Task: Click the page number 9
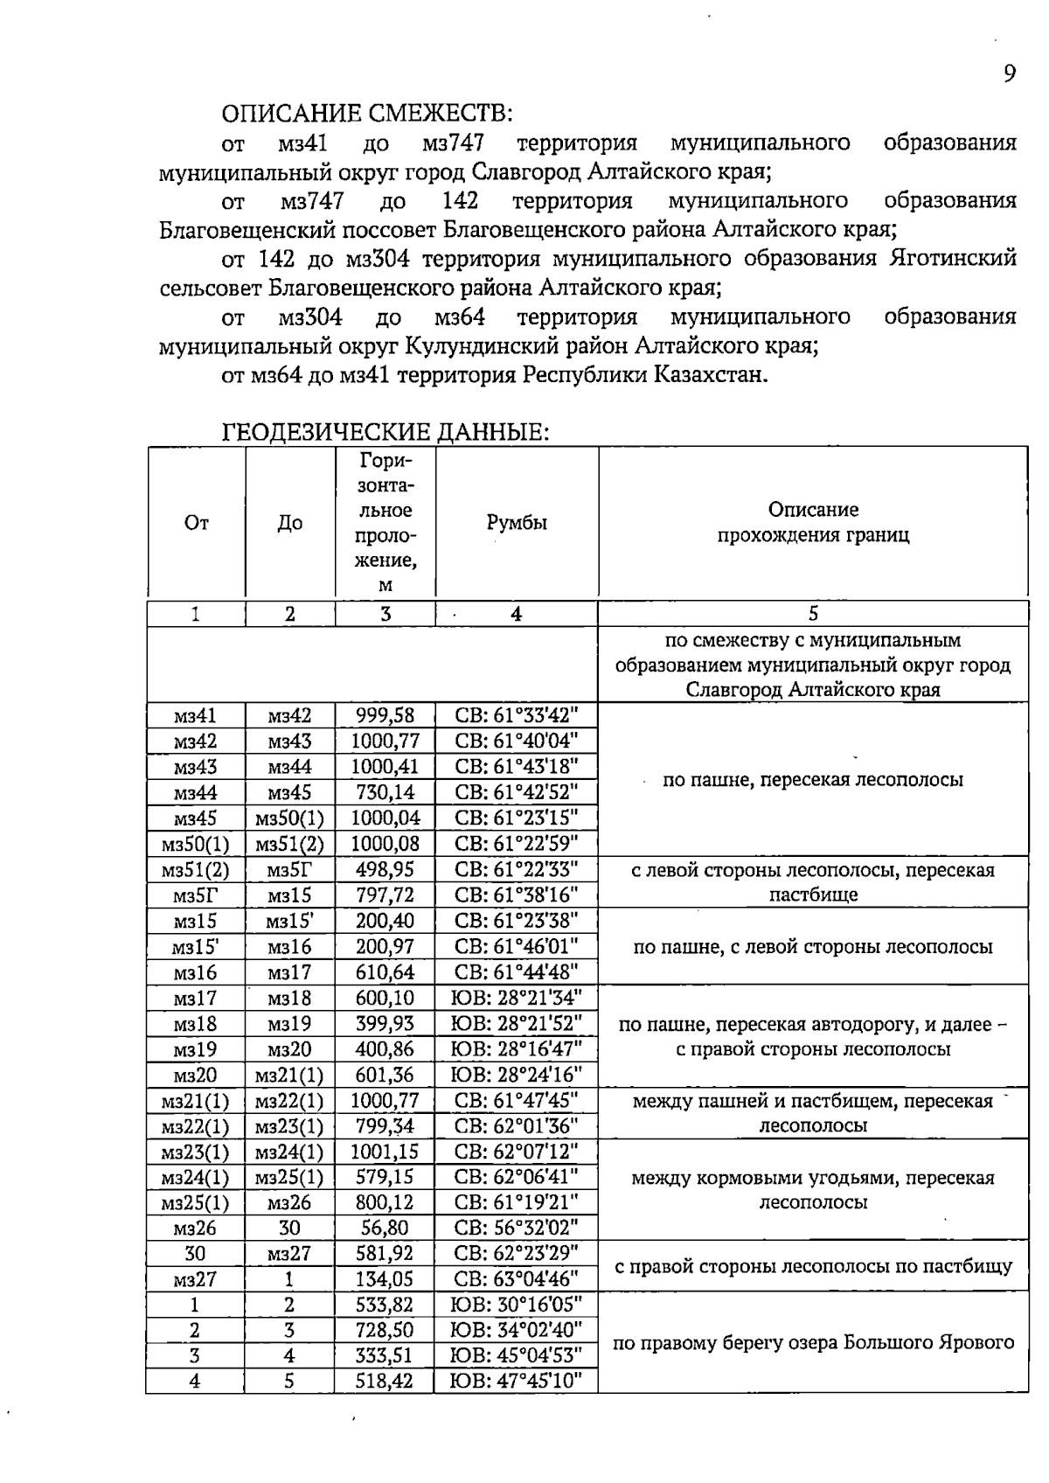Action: click(1010, 73)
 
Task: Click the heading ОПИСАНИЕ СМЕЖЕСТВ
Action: click(367, 114)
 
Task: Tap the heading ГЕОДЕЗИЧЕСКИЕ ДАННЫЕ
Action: click(386, 432)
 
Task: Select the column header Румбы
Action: click(517, 523)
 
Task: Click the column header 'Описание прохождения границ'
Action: click(813, 522)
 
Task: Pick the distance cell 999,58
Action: click(385, 715)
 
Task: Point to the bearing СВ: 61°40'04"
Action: click(517, 741)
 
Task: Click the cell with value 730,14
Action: click(385, 793)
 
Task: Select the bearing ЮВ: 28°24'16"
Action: click(516, 1075)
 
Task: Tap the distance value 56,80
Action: click(385, 1228)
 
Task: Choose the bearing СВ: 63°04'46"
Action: click(517, 1279)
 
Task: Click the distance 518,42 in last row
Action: click(385, 1382)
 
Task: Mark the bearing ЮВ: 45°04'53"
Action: click(516, 1356)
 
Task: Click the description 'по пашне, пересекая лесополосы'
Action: click(813, 780)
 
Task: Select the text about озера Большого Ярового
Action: click(813, 1343)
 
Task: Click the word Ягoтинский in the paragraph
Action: click(953, 259)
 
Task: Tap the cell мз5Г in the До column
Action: click(289, 870)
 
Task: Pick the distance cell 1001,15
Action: click(385, 1152)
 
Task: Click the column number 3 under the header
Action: click(385, 614)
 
